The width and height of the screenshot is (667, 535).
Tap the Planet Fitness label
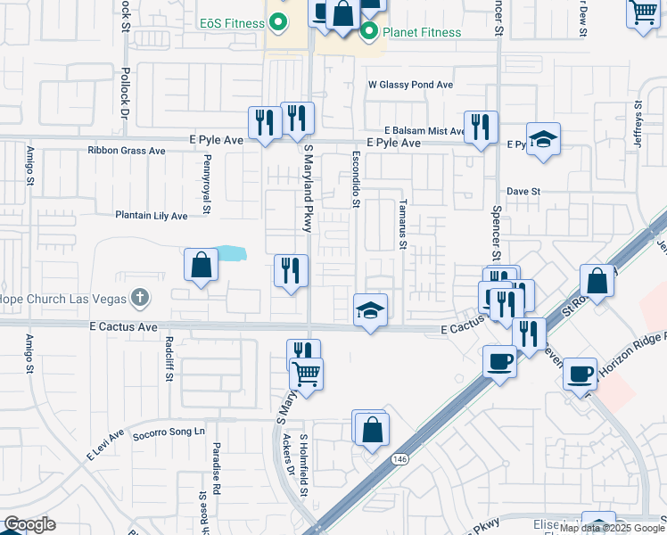click(422, 33)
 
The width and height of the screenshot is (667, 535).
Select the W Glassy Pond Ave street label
click(411, 85)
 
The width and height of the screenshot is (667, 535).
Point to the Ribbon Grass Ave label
click(127, 151)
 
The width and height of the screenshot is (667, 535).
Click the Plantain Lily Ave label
click(151, 216)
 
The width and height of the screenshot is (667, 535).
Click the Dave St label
click(523, 191)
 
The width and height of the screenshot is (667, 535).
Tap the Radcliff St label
click(169, 358)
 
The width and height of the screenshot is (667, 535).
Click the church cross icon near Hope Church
click(138, 297)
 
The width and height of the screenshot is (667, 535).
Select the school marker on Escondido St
click(370, 310)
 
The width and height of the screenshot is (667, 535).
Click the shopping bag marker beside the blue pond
click(201, 265)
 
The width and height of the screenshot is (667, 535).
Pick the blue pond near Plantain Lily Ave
click(231, 254)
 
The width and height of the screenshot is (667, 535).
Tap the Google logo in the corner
click(30, 524)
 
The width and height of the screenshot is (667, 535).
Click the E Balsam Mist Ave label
click(425, 130)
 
